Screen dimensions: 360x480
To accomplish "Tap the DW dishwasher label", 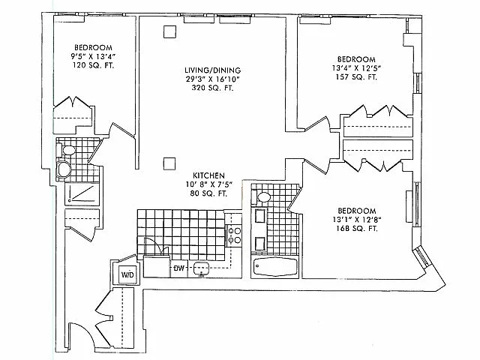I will (179, 268).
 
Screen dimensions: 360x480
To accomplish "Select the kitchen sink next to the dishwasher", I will (200, 268).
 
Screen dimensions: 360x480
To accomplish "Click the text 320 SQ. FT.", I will (212, 88).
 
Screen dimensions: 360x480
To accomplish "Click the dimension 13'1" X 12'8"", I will (356, 219).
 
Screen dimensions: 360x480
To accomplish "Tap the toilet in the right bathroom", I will (262, 199).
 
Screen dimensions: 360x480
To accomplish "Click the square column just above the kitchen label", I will (170, 160).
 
